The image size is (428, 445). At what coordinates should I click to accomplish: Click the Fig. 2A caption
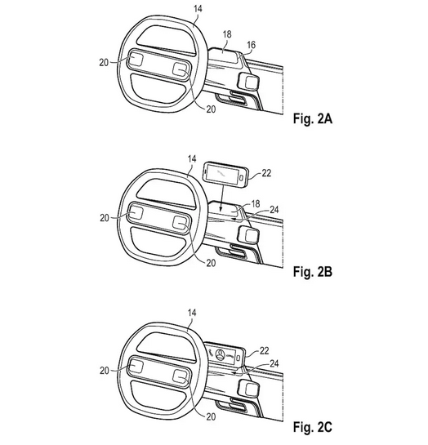(313, 118)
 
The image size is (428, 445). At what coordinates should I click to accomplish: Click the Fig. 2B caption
(313, 272)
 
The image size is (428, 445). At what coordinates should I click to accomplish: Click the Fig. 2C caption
(313, 426)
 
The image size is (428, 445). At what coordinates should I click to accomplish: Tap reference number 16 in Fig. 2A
(252, 45)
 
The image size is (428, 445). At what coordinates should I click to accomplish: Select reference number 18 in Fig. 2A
(227, 34)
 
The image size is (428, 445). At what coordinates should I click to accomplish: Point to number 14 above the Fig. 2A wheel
(198, 9)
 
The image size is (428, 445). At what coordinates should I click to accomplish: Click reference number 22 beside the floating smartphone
(266, 173)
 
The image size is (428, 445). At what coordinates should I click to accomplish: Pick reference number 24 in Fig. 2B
(274, 210)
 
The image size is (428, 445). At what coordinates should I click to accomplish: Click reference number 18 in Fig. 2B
(256, 203)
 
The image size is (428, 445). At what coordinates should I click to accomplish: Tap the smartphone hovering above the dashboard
(225, 175)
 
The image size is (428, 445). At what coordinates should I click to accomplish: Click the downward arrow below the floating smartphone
(221, 198)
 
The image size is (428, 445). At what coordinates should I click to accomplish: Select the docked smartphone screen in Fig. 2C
(222, 354)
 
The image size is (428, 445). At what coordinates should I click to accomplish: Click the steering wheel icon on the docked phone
(221, 354)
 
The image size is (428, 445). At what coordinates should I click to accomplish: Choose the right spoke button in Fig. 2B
(180, 222)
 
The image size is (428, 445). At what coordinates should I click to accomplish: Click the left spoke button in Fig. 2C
(136, 366)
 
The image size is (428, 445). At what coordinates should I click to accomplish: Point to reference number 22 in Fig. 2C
(264, 351)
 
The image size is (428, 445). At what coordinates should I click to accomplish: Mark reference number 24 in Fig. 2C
(274, 363)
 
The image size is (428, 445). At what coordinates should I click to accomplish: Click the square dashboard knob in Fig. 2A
(248, 82)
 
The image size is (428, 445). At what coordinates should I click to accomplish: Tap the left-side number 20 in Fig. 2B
(105, 218)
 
